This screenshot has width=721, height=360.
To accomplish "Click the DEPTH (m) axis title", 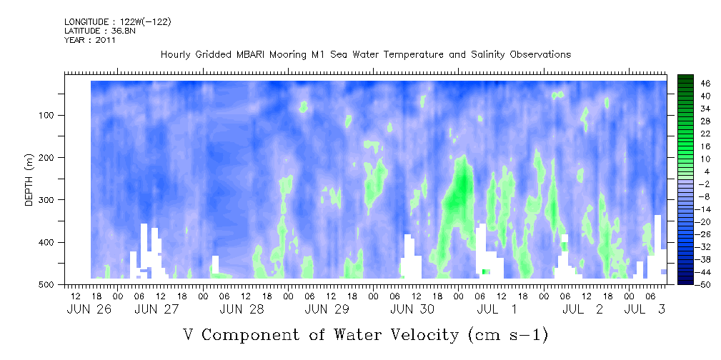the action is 29,179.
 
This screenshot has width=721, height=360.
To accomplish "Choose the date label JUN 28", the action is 242,309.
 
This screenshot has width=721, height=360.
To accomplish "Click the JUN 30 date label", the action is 412,309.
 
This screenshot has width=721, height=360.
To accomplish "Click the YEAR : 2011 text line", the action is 89,40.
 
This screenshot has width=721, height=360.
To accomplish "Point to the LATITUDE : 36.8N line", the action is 100,31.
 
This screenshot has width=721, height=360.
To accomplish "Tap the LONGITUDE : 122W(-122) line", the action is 118,21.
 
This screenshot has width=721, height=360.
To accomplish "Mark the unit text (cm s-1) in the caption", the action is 507,335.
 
